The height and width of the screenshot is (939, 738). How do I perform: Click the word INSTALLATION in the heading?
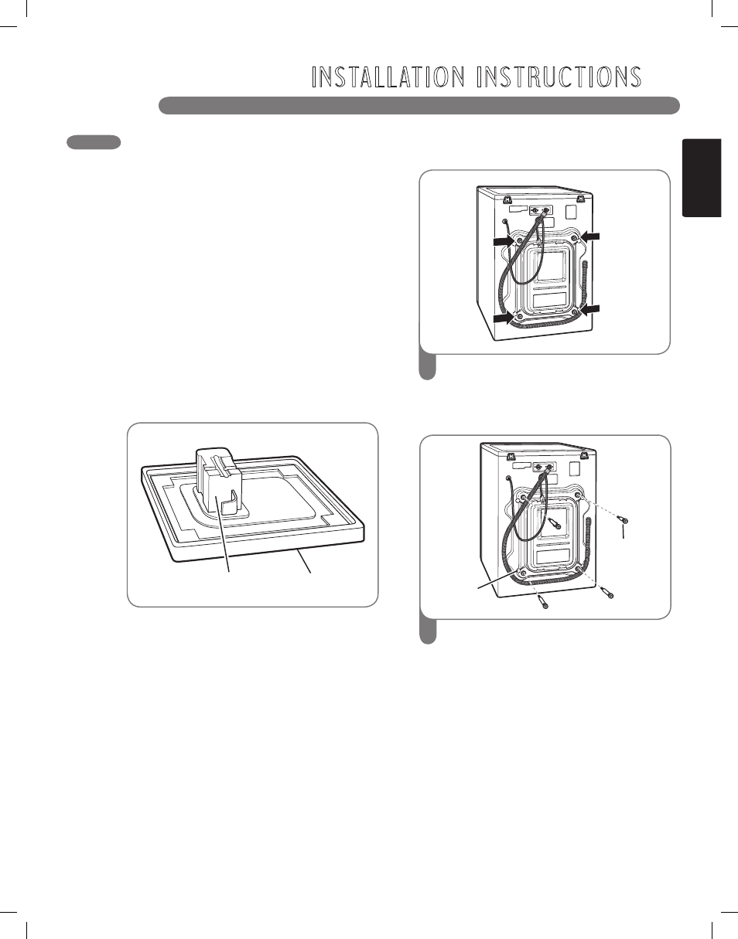pos(388,77)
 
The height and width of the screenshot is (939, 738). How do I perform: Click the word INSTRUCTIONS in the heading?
pos(559,77)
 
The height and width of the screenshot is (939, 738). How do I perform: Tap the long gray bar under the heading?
pos(419,105)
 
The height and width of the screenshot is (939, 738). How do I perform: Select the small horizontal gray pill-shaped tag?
pos(94,142)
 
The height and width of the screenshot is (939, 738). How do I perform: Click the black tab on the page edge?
pos(702,178)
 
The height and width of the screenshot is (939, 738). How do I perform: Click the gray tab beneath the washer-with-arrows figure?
pos(428,367)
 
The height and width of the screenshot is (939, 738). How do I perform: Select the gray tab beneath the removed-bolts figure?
pos(428,631)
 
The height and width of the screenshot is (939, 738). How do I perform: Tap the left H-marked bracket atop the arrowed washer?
pos(508,199)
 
